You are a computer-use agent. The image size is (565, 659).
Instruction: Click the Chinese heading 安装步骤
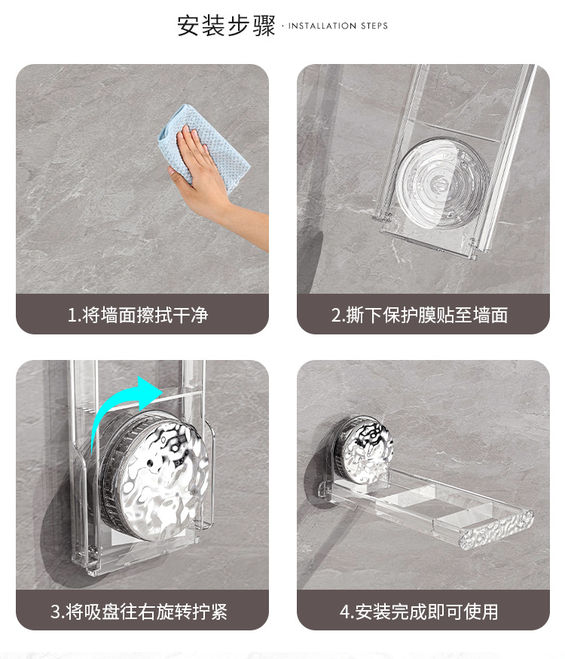pyautogui.click(x=226, y=26)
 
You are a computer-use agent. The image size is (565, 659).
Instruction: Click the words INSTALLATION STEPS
pyautogui.click(x=338, y=26)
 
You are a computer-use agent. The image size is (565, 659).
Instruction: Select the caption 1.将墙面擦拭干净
pyautogui.click(x=138, y=315)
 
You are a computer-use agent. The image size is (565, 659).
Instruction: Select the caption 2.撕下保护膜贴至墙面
pyautogui.click(x=420, y=315)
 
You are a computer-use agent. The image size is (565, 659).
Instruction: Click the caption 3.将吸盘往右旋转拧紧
pyautogui.click(x=139, y=612)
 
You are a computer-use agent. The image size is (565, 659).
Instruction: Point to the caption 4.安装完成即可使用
pyautogui.click(x=419, y=612)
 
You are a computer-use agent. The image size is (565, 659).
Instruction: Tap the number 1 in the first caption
pyautogui.click(x=72, y=316)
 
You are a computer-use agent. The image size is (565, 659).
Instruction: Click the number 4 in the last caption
pyautogui.click(x=345, y=612)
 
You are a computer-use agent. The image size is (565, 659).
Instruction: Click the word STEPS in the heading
pyautogui.click(x=374, y=26)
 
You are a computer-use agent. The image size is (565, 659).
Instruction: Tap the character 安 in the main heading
pyautogui.click(x=188, y=26)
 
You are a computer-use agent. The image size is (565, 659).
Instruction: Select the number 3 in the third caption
pyautogui.click(x=56, y=612)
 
